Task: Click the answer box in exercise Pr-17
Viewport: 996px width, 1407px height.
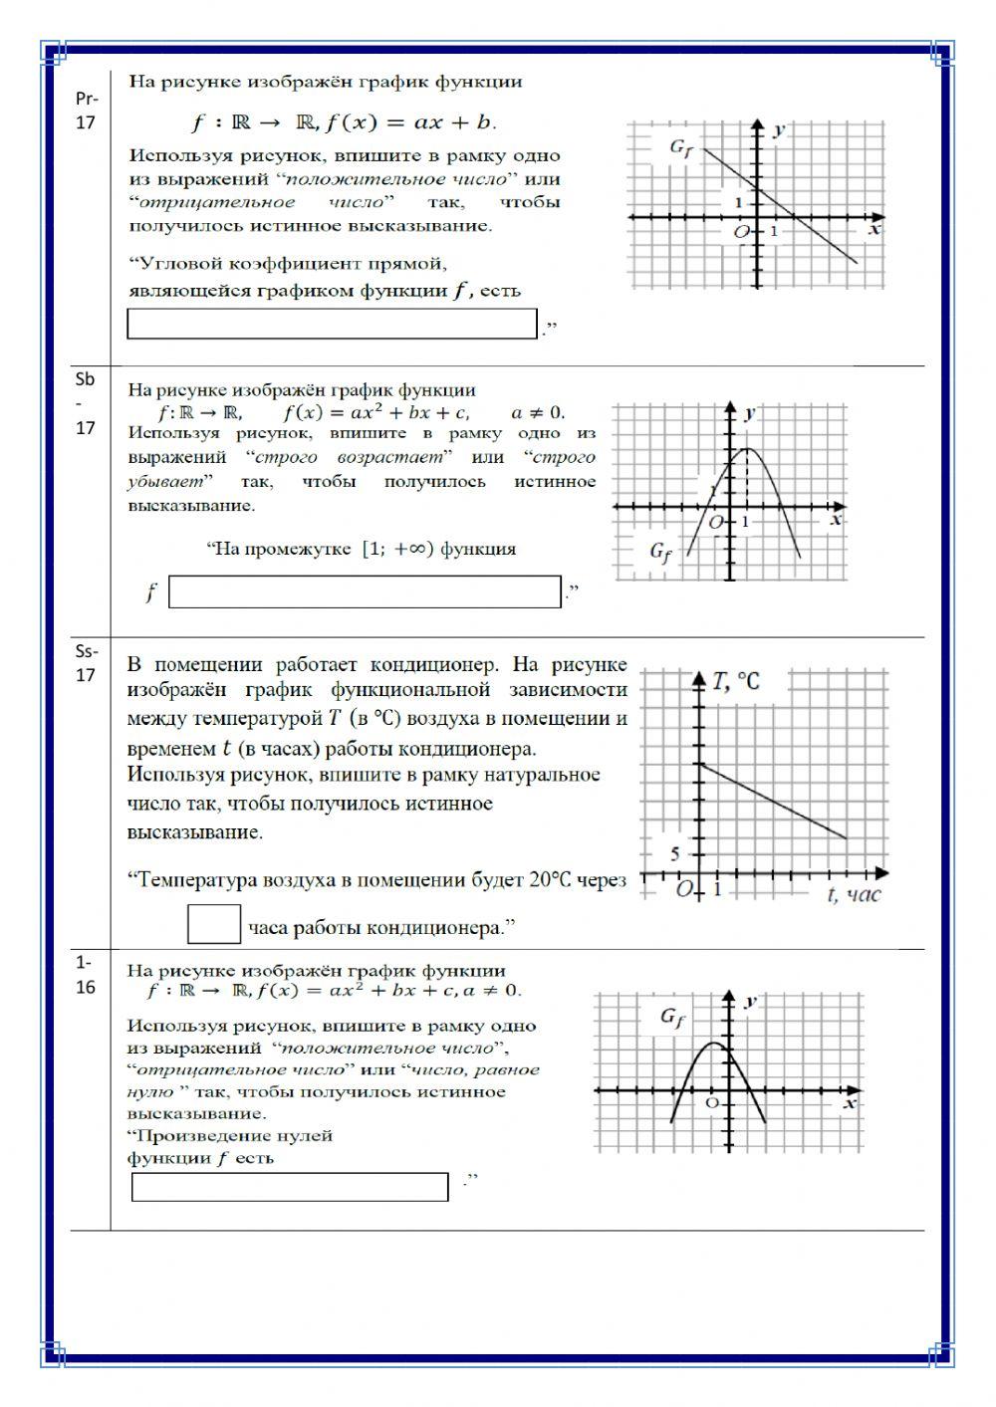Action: point(332,325)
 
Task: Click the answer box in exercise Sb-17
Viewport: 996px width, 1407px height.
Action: point(365,592)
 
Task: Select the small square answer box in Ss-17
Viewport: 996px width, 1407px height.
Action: point(214,924)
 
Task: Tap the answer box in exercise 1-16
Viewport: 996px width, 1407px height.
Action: point(290,1187)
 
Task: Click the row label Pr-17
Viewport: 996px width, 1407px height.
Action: point(87,111)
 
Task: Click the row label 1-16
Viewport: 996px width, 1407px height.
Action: point(86,975)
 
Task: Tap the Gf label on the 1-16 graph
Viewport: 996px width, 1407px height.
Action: point(673,1018)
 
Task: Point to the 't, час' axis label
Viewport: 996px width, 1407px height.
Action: point(854,895)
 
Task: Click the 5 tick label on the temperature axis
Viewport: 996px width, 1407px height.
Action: point(675,854)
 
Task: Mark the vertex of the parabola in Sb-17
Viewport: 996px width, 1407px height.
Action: point(748,449)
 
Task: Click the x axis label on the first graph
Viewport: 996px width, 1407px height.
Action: point(874,230)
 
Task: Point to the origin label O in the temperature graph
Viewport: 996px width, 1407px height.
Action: point(684,889)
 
